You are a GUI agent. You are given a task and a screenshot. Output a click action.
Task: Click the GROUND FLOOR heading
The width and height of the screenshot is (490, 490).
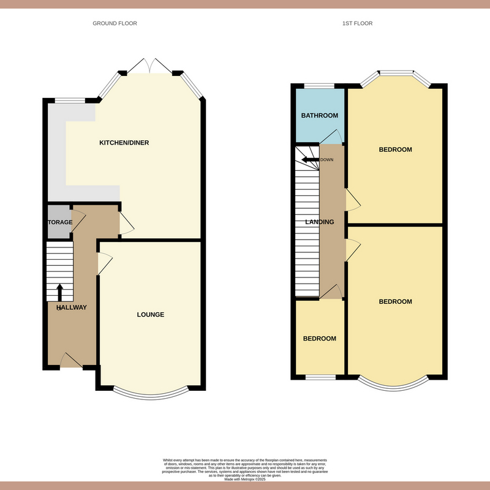[x=115, y=23]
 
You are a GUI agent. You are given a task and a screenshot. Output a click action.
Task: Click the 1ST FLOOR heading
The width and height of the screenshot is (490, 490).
[x=358, y=23]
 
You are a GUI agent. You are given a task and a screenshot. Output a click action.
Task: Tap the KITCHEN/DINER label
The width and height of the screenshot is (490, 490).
[x=124, y=143]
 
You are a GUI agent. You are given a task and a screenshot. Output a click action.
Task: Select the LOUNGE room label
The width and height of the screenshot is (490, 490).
[x=150, y=315]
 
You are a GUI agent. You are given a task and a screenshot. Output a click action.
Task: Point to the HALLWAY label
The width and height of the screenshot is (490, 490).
[x=72, y=307]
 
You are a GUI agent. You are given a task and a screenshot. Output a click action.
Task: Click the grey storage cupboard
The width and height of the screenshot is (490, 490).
[x=59, y=222]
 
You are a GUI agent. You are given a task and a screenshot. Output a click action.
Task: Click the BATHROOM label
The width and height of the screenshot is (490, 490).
[x=319, y=116]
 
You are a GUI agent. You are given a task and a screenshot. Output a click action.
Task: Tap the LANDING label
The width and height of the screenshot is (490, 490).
[x=320, y=222]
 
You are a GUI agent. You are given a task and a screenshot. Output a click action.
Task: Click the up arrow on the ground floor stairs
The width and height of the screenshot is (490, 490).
[x=59, y=292]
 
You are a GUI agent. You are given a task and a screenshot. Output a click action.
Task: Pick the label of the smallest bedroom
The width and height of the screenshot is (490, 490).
[x=319, y=339]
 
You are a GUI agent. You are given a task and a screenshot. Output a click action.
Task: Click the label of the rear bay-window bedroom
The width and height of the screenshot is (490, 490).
[x=395, y=149]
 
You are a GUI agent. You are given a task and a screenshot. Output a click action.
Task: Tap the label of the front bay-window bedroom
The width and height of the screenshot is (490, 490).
[x=395, y=301]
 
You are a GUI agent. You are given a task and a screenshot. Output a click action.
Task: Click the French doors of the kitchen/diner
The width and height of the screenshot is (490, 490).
[x=151, y=66]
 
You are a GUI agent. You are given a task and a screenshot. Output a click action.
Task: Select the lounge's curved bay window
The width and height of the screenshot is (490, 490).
[x=150, y=391]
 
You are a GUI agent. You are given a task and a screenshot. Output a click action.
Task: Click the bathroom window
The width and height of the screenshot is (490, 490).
[x=319, y=86]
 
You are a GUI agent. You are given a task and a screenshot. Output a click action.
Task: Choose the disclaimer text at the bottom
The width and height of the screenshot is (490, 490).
[x=245, y=469]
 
